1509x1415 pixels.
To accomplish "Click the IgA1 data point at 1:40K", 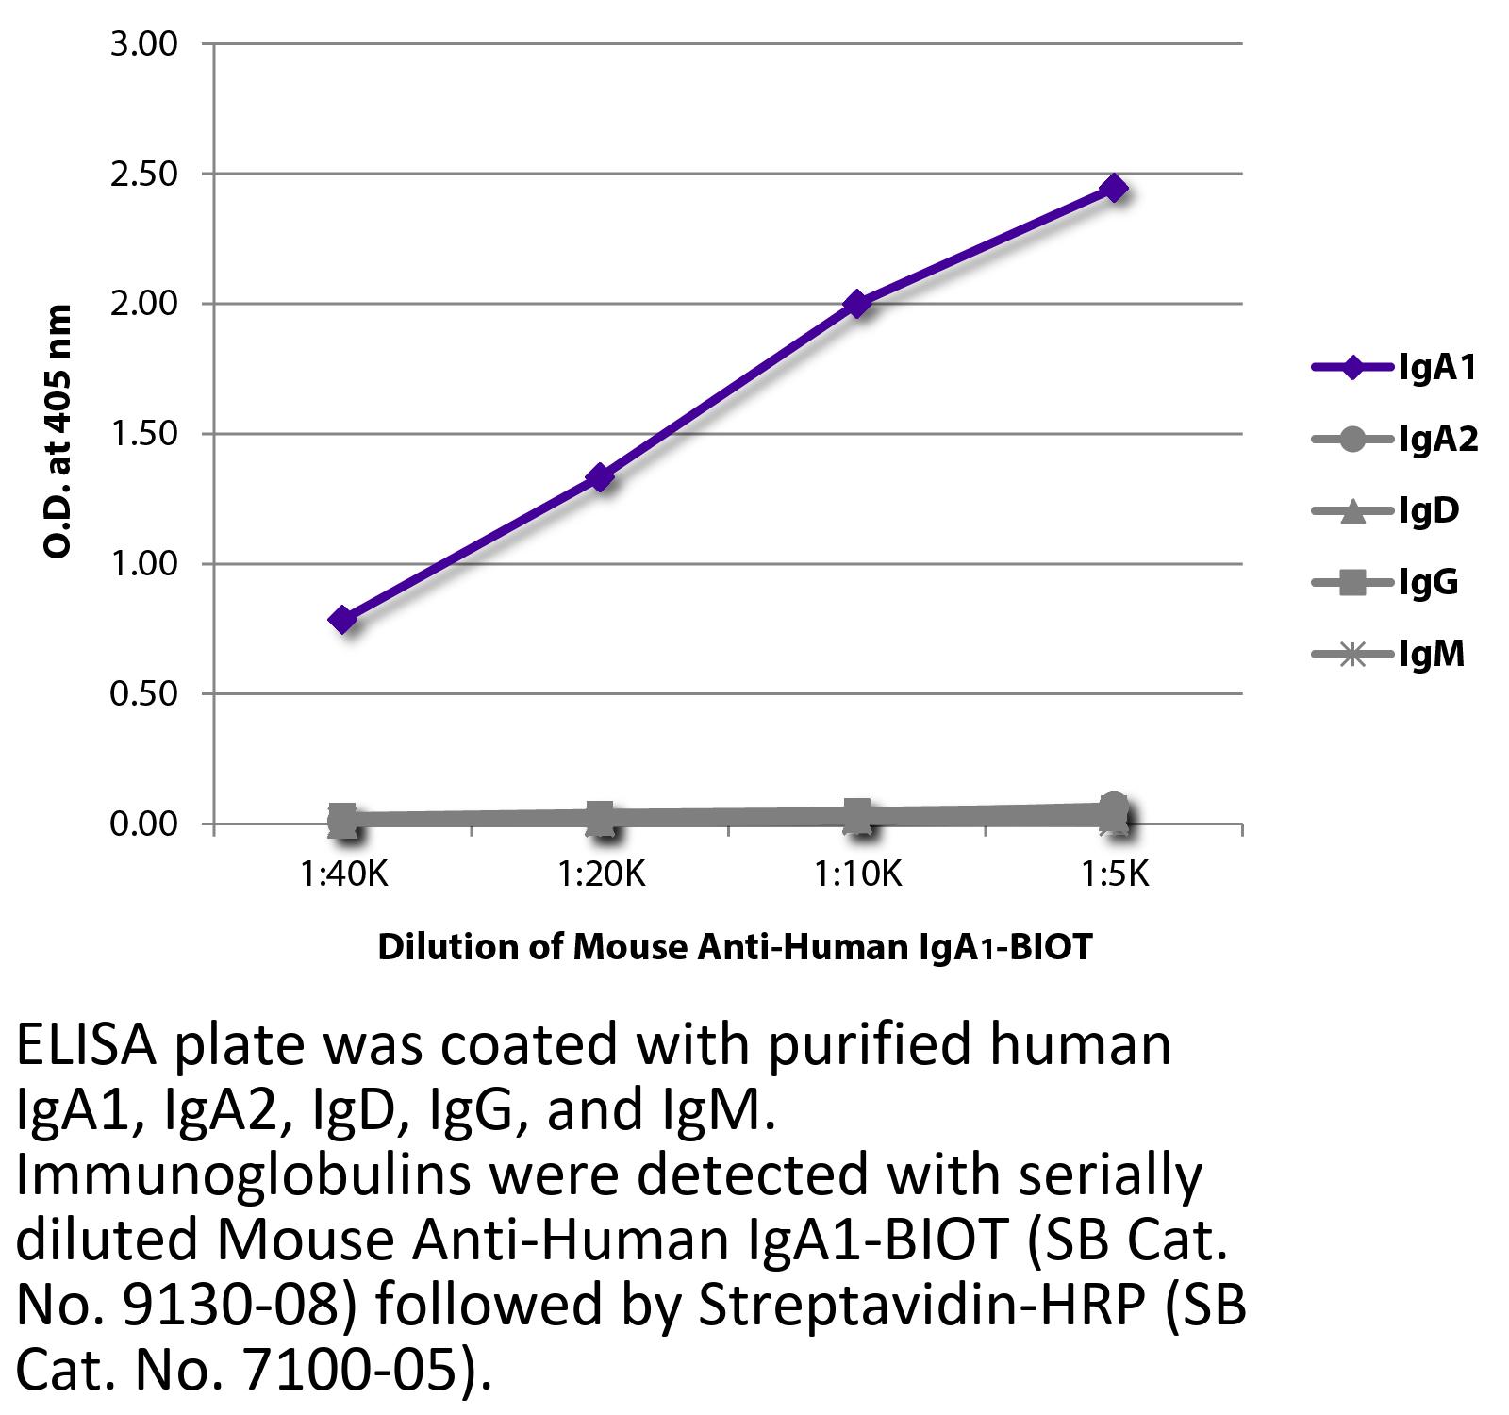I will [x=343, y=620].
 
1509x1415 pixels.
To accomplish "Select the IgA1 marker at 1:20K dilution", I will [x=600, y=477].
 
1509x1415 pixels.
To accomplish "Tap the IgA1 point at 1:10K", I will [x=857, y=304].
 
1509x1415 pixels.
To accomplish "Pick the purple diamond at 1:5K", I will [x=1115, y=188].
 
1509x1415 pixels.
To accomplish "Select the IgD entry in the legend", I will [x=1386, y=511].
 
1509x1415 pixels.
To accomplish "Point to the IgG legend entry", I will [x=1386, y=583].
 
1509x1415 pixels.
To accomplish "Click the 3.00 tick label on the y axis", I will [x=144, y=45].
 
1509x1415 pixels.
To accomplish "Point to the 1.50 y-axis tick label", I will [x=144, y=435].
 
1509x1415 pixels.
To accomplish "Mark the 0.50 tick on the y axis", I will [x=144, y=694].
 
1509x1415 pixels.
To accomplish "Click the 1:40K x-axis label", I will [x=344, y=875].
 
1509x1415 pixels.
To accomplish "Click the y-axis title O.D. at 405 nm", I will [x=58, y=431].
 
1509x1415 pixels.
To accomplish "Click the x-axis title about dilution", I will [x=735, y=946].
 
